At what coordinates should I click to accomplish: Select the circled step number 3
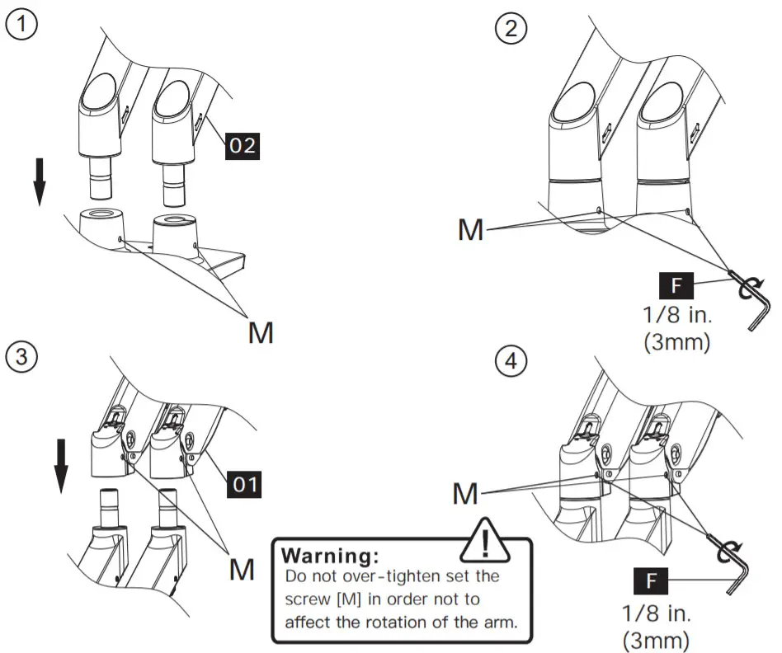click(20, 357)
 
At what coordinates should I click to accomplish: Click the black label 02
click(243, 147)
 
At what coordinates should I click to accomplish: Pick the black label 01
click(243, 485)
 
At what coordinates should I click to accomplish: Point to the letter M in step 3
click(242, 569)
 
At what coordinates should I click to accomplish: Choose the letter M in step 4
click(466, 493)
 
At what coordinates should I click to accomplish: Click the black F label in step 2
click(676, 287)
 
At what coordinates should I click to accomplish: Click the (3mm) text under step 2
click(676, 341)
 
